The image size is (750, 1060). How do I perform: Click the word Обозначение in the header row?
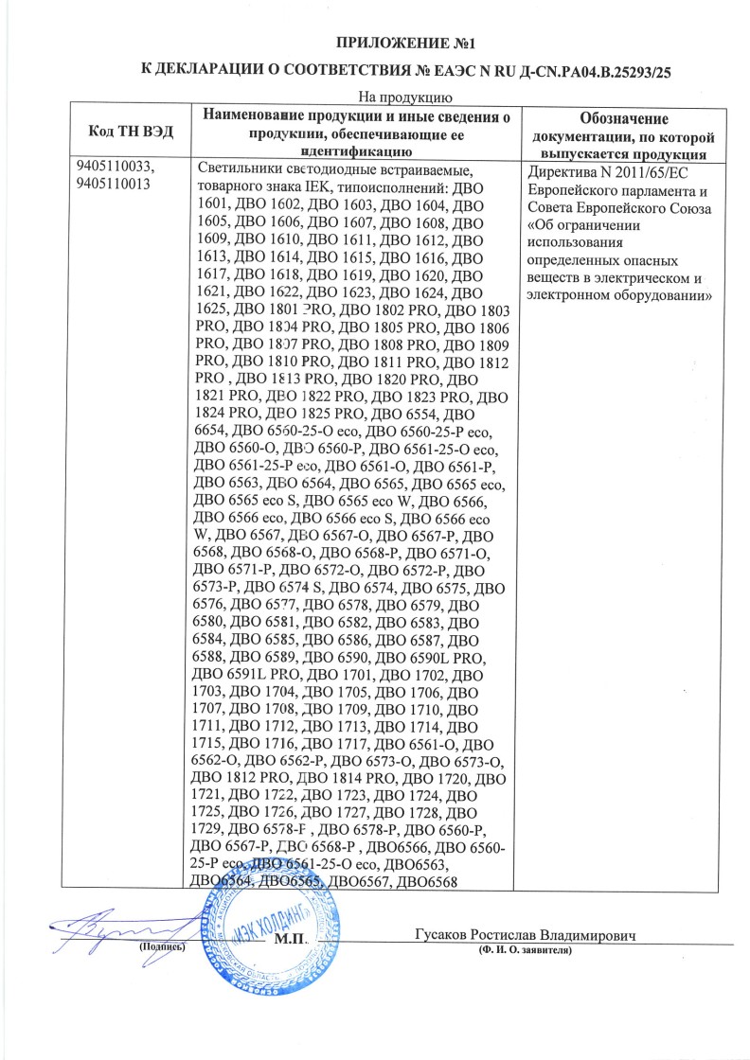(x=623, y=119)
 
